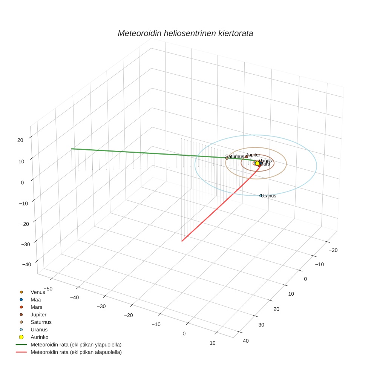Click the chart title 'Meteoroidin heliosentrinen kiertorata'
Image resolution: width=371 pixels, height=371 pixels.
(185, 33)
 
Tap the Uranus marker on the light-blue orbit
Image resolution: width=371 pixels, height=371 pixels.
(261, 196)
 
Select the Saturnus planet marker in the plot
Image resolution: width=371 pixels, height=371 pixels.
(227, 158)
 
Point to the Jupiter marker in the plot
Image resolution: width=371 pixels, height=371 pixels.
(247, 156)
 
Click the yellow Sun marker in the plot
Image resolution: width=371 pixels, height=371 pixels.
(257, 163)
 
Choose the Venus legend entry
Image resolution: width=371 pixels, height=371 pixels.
(38, 292)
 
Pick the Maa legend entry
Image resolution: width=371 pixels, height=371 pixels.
(35, 300)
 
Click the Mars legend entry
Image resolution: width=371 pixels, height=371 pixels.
(36, 307)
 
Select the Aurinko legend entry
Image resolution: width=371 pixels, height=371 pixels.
(39, 337)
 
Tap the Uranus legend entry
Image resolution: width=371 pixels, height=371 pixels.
(39, 330)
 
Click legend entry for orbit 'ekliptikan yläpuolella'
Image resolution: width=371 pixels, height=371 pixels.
(76, 345)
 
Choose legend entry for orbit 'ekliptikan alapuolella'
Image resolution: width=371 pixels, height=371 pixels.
(76, 352)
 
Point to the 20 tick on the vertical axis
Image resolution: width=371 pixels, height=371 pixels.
(20, 140)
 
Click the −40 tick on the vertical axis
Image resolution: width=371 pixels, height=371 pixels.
(26, 264)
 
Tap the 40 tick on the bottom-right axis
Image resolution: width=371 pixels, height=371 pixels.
(246, 341)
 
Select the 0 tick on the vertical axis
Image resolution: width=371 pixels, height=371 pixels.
(22, 182)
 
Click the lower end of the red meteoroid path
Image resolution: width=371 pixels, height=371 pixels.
(182, 241)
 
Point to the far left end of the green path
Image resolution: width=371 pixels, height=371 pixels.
(72, 149)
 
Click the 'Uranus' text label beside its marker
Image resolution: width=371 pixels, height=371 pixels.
(269, 196)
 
